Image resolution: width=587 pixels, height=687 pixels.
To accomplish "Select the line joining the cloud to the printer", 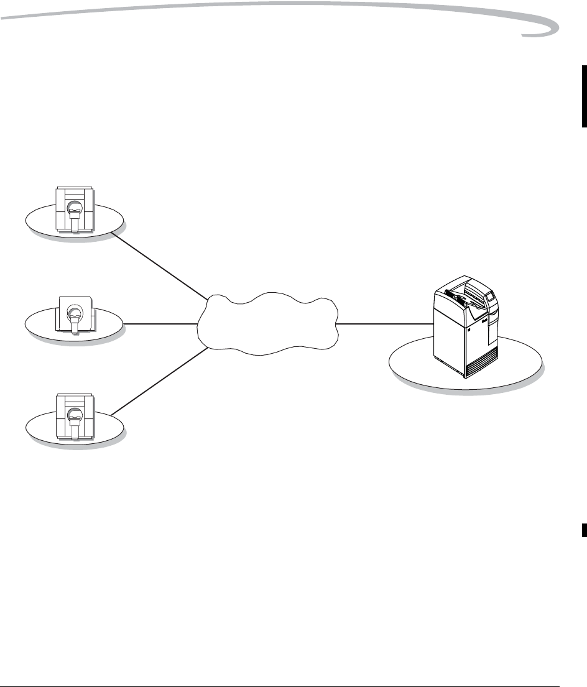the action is (386, 324).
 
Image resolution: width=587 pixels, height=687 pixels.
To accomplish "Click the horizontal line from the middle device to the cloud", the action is (160, 324).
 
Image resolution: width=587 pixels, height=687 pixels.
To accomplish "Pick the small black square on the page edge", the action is (584, 528).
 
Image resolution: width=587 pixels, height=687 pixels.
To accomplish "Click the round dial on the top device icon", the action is (75, 209).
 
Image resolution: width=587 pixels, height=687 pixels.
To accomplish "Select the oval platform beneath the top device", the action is (37, 221).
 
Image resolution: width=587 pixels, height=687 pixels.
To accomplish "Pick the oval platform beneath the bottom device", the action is (37, 428).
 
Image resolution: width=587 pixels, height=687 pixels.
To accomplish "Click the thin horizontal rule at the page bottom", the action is (280, 671).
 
